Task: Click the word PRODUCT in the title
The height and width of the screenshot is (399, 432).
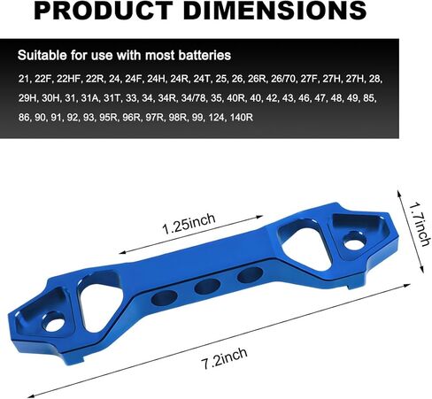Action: tap(104, 11)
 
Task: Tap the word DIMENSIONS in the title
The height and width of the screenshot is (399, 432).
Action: tap(276, 11)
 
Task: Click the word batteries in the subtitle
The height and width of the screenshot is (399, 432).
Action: tap(204, 55)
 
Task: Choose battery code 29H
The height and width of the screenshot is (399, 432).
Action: tap(27, 98)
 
